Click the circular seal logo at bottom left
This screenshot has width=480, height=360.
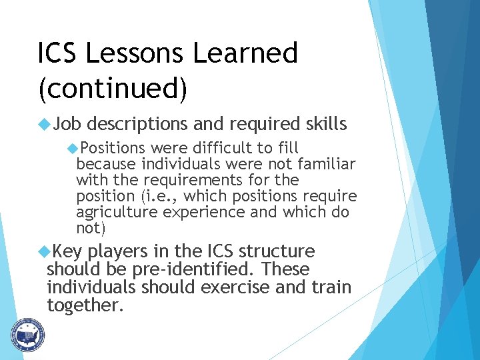27,334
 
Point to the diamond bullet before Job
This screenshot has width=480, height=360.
45,124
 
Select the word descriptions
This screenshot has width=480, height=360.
138,124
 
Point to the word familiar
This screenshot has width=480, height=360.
327,163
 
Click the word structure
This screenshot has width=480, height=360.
277,251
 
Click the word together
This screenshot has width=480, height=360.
85,305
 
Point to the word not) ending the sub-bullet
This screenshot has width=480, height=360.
91,228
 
